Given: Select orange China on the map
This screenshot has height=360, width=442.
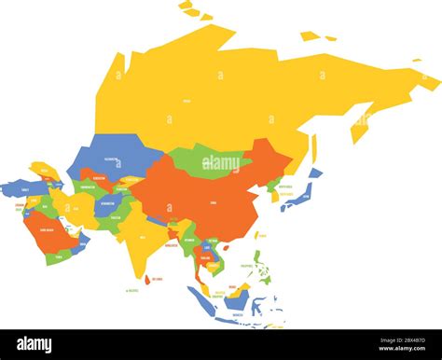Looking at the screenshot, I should tap(210, 196).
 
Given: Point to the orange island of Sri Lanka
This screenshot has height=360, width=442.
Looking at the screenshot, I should tap(148, 278).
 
